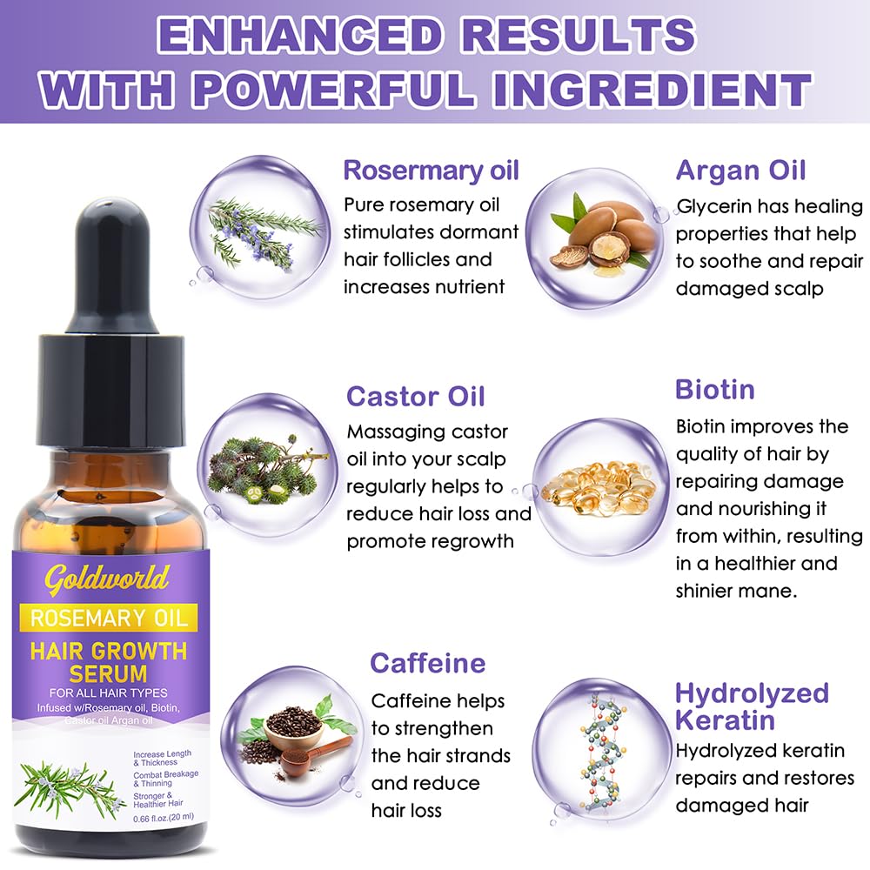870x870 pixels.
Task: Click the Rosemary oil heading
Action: (431, 170)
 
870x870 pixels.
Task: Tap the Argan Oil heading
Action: (740, 170)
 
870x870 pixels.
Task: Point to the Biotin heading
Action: (714, 389)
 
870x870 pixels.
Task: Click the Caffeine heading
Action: (427, 663)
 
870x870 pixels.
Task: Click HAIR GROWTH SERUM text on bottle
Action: (109, 661)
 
